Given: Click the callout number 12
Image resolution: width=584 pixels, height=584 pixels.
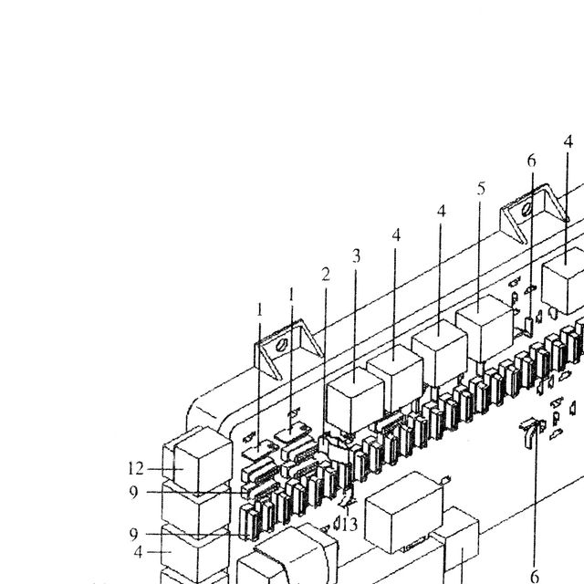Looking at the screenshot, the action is click(136, 468).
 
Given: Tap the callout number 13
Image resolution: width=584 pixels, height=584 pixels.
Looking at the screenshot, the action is click(349, 525).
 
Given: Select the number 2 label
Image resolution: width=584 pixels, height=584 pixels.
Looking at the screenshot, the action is click(326, 275).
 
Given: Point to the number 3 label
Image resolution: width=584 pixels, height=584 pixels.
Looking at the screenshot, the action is click(357, 256).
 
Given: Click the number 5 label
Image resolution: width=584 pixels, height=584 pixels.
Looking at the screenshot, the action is click(481, 189).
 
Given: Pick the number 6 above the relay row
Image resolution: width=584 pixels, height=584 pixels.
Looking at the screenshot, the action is click(531, 161).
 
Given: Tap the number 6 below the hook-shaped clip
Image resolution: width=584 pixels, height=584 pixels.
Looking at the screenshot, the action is click(535, 576).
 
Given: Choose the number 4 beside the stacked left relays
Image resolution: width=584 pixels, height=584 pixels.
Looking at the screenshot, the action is click(138, 552).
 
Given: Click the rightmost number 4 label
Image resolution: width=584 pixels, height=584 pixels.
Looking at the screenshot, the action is click(568, 141).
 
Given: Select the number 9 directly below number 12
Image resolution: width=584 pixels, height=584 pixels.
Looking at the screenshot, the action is click(134, 493).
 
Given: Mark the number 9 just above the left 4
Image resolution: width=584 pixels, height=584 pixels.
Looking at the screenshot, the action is click(134, 535).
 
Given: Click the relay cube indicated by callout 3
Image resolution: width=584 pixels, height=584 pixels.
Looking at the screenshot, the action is click(355, 400).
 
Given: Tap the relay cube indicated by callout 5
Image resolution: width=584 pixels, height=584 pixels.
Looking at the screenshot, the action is click(485, 328).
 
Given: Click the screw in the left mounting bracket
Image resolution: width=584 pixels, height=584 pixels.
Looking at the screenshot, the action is click(281, 345).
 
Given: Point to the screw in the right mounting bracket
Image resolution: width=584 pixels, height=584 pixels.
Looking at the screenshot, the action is click(527, 210).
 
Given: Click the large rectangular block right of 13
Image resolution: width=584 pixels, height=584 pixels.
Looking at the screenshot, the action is click(404, 513).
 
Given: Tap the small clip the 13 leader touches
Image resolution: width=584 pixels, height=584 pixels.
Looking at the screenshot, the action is click(347, 499).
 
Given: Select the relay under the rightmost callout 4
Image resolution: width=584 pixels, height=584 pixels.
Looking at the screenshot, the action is click(563, 280).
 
